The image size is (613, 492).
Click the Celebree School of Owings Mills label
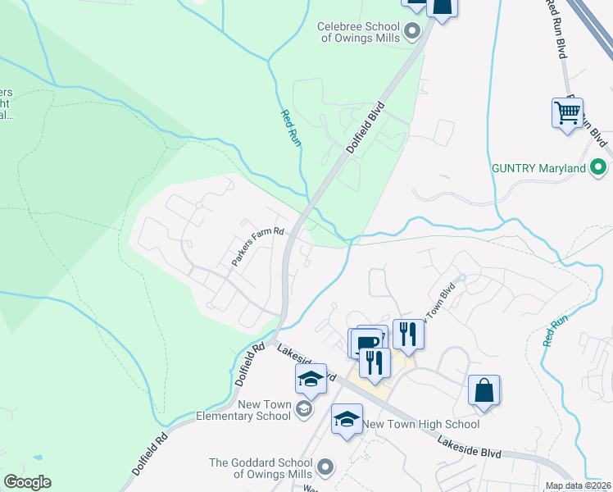coord(358,32)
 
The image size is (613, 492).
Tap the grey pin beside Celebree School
coord(412,32)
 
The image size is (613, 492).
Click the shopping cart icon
coord(568,112)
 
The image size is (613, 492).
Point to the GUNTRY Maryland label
coord(538,168)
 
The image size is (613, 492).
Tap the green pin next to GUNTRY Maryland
coord(599,167)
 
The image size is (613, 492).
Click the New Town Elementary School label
coord(264,410)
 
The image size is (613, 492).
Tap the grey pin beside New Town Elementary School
coord(304,409)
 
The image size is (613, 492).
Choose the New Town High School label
coord(421,424)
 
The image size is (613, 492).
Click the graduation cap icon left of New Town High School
coord(347,418)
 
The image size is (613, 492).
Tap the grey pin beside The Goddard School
coord(325,467)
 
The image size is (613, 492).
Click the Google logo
coord(27,482)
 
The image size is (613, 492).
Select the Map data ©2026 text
coord(578,485)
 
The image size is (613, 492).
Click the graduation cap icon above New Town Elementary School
coord(311,378)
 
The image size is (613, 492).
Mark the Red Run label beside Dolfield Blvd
coord(291,128)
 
